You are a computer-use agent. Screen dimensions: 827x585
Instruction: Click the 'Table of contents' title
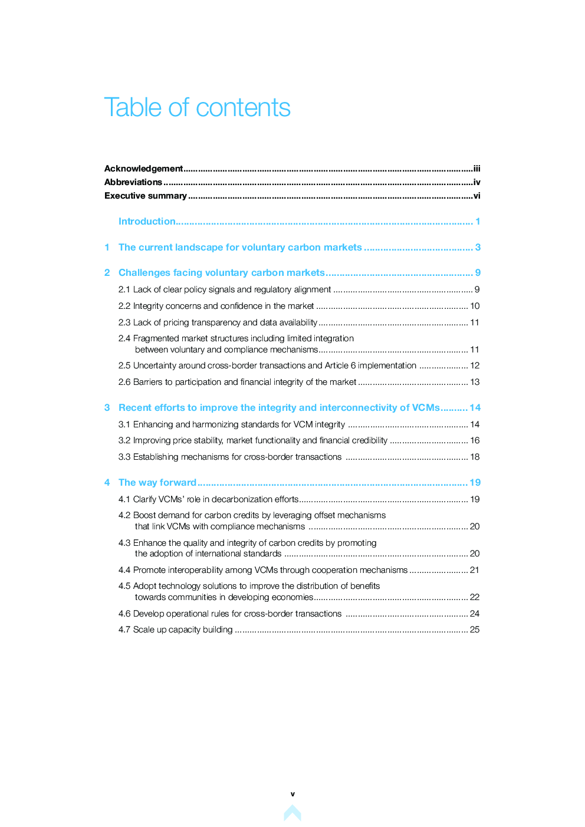(x=197, y=108)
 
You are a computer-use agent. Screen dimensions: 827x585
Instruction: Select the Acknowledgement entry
(x=143, y=169)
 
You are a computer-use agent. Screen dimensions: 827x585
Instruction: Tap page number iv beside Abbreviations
(x=476, y=182)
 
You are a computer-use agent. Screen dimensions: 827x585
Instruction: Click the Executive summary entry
(x=146, y=196)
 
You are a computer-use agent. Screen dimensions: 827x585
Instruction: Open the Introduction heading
(x=147, y=222)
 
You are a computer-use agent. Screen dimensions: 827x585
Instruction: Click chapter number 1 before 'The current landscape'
(x=107, y=248)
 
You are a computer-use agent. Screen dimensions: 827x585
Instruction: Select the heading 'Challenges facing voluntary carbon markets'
(x=221, y=273)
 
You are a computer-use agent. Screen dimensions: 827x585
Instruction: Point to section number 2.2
(x=124, y=306)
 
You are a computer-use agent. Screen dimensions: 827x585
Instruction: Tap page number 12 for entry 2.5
(x=475, y=365)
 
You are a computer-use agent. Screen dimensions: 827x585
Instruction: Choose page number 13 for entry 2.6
(x=475, y=382)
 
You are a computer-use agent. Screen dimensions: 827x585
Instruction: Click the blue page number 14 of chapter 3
(x=475, y=408)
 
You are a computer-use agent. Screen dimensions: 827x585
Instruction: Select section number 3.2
(x=124, y=440)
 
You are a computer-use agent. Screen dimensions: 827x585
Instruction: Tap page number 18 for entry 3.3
(x=475, y=457)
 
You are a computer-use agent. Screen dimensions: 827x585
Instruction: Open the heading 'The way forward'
(x=157, y=483)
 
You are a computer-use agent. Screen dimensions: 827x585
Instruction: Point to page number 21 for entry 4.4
(x=475, y=570)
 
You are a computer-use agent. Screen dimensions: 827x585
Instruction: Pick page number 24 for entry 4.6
(x=475, y=614)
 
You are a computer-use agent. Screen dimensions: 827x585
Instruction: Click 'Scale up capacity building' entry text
(x=183, y=630)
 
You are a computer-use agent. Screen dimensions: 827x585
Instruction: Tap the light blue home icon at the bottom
(x=292, y=813)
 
